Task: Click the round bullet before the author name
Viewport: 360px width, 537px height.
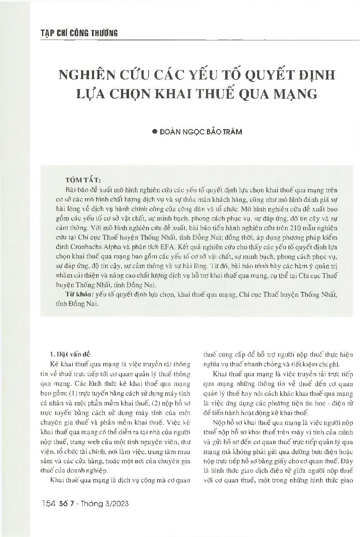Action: (x=155, y=132)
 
